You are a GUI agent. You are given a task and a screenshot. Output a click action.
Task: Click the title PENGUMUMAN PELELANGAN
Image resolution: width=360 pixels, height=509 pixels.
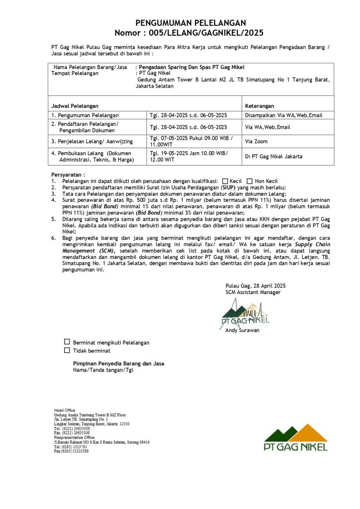point(191,23)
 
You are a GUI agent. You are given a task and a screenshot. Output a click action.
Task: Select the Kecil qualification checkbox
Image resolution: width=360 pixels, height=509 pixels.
point(225,181)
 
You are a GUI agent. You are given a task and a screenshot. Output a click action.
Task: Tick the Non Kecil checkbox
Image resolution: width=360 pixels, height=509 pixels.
point(251,181)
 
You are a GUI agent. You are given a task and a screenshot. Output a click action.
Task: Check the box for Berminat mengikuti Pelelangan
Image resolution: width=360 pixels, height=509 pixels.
point(67,342)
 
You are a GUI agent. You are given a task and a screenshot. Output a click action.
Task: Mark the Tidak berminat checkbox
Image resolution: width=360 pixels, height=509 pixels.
point(67,350)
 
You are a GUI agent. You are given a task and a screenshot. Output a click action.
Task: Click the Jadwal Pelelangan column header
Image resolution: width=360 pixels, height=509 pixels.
point(75,106)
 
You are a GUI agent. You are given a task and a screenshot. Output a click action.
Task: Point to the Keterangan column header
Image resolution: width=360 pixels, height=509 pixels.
point(260,106)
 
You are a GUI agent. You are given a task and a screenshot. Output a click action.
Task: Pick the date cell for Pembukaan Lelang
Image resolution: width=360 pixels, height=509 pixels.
point(189,157)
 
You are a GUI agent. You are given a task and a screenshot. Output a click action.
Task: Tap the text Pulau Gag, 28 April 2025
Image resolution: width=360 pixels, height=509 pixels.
point(255,286)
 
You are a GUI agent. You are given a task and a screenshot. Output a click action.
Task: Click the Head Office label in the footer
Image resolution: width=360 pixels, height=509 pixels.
point(65,410)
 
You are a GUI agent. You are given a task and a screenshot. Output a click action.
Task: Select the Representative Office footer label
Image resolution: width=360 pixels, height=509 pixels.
point(74,437)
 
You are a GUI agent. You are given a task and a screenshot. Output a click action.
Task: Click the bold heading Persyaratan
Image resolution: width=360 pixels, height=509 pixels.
point(68,175)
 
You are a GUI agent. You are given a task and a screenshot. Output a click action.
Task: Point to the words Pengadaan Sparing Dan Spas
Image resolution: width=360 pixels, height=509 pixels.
point(169,67)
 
